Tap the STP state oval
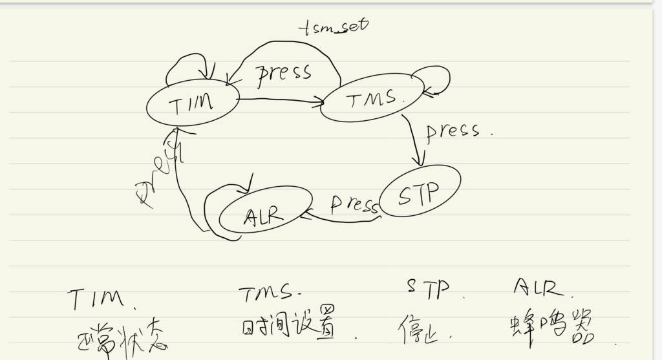coord(420,191)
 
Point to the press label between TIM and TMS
coord(284,72)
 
